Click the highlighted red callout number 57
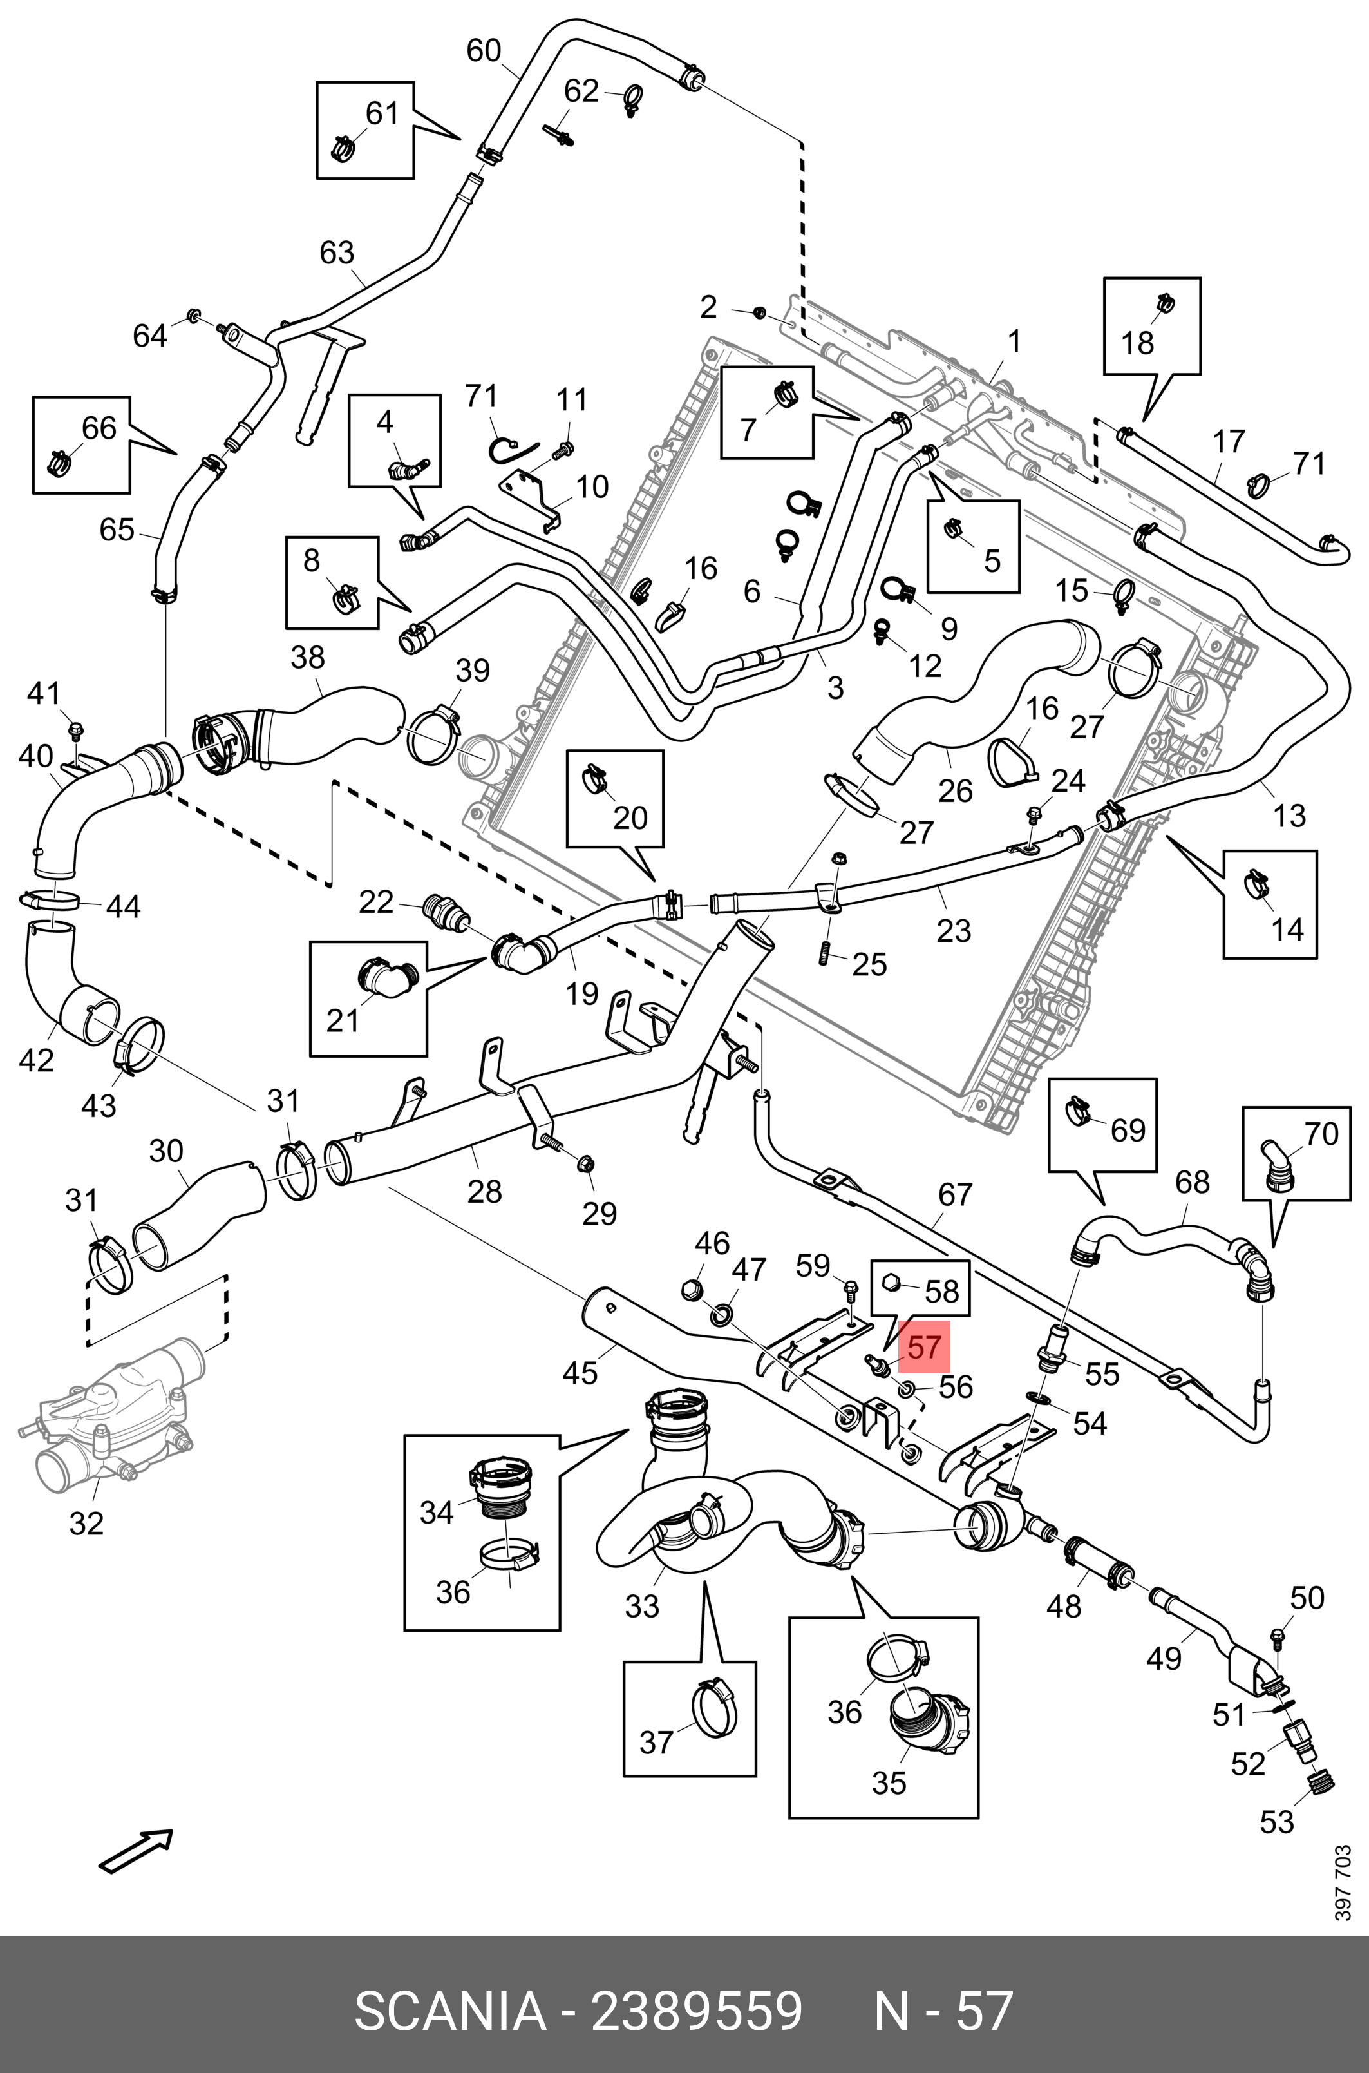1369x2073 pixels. click(x=925, y=1346)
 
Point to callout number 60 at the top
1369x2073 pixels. click(x=484, y=51)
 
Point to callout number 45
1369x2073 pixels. click(x=580, y=1373)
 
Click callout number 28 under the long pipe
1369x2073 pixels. click(x=485, y=1191)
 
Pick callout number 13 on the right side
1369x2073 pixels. click(x=1289, y=815)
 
